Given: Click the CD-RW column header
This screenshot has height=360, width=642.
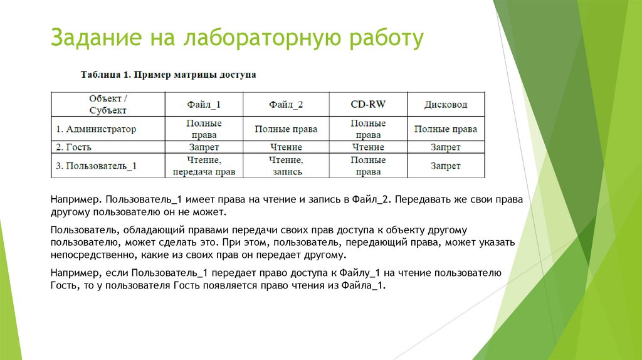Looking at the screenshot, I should click(x=367, y=104).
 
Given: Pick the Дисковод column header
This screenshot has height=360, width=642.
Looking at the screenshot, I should click(x=445, y=104).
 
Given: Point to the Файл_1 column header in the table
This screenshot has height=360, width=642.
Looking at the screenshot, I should click(x=204, y=104).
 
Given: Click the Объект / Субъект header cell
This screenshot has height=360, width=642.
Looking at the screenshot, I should click(x=108, y=104).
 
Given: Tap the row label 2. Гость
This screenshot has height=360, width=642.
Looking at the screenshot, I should click(x=74, y=147).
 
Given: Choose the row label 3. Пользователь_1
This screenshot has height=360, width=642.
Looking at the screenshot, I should click(x=97, y=166).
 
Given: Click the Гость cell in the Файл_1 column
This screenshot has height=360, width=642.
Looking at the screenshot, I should click(x=204, y=147).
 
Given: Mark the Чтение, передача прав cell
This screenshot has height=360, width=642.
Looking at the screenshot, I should click(x=204, y=166).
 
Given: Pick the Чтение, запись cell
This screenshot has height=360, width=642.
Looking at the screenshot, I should click(x=286, y=166).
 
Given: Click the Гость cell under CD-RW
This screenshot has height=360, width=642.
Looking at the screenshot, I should click(x=367, y=147).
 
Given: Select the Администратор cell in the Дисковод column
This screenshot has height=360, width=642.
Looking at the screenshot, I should click(x=445, y=129).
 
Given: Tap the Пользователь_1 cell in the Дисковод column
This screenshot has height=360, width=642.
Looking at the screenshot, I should click(x=445, y=166).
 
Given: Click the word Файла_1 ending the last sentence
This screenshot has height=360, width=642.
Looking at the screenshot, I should click(x=364, y=285).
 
